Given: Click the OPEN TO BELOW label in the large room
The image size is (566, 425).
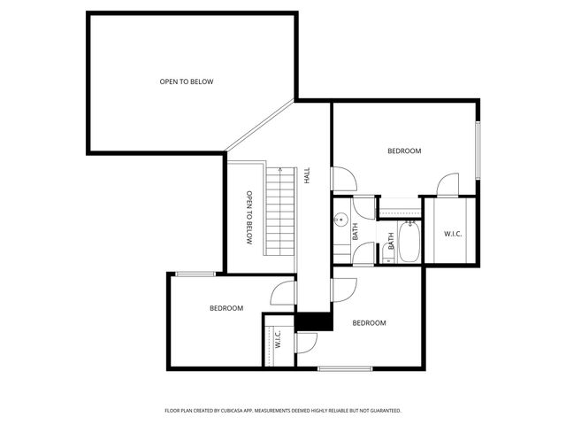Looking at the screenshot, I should coord(186,81).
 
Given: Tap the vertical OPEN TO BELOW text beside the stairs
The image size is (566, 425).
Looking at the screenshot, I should coord(249,218).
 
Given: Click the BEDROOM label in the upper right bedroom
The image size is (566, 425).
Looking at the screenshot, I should coord(404,151).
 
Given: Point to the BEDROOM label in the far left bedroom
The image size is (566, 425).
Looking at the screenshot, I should coord(226,308).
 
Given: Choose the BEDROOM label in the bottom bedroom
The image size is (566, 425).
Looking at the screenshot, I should coord(369,323).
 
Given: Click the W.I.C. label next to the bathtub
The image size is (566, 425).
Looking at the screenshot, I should coord(452,234).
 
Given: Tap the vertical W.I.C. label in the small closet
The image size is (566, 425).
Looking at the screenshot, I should coord(278,339).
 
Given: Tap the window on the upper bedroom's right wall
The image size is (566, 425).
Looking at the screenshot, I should coord(478,150).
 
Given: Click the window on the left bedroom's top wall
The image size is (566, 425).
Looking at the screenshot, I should coord(195,274).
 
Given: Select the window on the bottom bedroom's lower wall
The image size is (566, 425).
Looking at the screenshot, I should coord(344,368).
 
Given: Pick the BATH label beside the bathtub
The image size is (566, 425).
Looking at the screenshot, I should coord(391,242).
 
